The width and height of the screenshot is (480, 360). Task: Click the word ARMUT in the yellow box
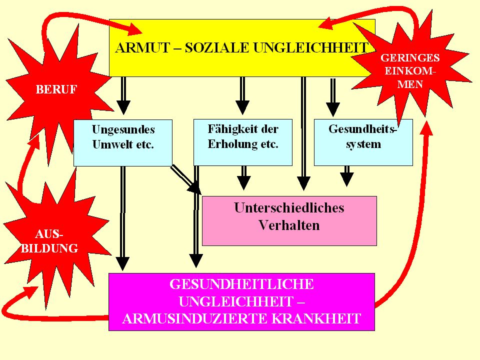pos(142,48)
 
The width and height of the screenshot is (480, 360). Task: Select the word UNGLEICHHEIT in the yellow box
pos(310,48)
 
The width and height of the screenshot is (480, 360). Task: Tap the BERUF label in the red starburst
pos(56,89)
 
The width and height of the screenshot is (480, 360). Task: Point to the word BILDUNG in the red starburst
pos(49,248)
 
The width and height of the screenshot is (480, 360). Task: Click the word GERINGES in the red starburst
pos(410,58)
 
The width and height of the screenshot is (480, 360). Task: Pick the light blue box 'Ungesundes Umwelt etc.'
pos(123,142)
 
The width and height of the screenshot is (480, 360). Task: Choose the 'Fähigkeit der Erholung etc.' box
pos(243,142)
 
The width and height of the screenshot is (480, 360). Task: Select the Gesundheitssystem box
pos(363,142)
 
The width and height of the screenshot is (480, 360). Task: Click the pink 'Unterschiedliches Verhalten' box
pos(289,220)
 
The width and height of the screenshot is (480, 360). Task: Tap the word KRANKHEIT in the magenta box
pos(316,318)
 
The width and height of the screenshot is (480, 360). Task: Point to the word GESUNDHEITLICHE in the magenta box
pos(242,284)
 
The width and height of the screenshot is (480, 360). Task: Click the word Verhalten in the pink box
pos(289,225)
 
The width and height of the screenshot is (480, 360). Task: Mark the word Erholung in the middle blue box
pos(228,144)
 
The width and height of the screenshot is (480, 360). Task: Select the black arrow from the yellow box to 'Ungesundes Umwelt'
pos(123,95)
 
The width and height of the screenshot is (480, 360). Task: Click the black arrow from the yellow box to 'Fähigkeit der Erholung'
pos(242,95)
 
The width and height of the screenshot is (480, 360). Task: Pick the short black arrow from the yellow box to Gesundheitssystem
pos(333,97)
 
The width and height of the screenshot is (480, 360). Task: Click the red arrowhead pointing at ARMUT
pos(134,29)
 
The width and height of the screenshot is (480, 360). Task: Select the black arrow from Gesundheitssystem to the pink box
pos(347,176)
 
